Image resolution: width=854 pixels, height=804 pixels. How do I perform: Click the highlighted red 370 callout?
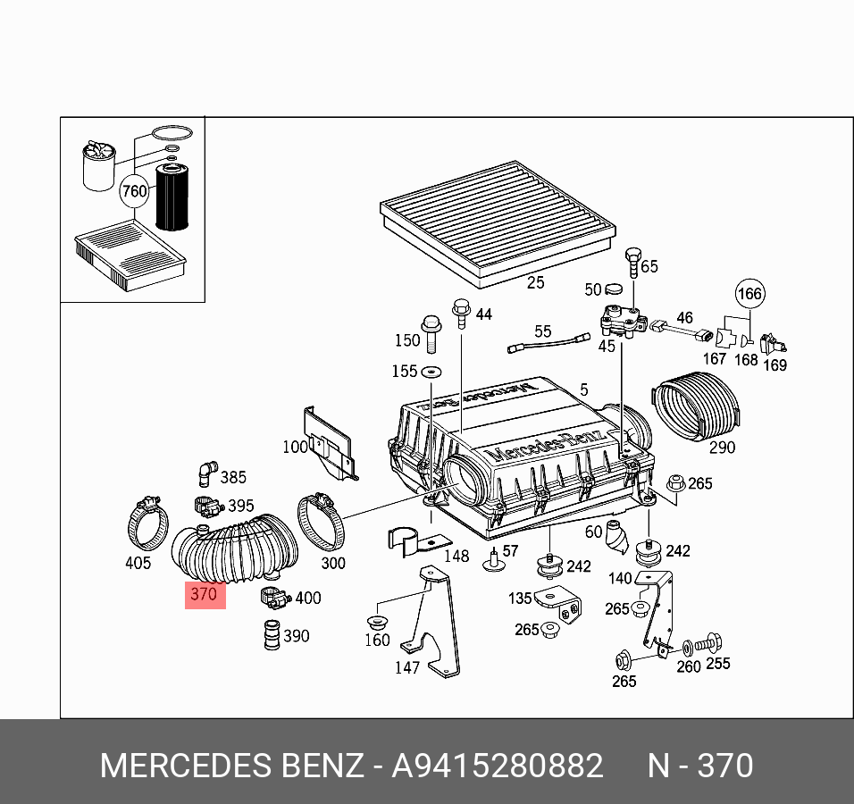click(x=205, y=594)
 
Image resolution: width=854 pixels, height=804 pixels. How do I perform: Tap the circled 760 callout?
click(x=134, y=190)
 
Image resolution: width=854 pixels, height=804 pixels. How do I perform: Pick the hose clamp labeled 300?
click(x=321, y=522)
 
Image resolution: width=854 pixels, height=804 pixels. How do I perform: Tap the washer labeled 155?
click(x=433, y=371)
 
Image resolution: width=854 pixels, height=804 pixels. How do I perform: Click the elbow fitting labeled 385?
click(x=206, y=471)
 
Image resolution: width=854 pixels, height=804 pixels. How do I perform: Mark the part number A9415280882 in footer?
click(x=498, y=766)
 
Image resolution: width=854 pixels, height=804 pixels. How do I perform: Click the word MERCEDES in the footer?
click(x=185, y=766)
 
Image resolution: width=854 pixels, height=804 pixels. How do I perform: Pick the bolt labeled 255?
click(x=712, y=642)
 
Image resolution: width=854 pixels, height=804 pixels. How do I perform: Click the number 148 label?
click(x=456, y=556)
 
